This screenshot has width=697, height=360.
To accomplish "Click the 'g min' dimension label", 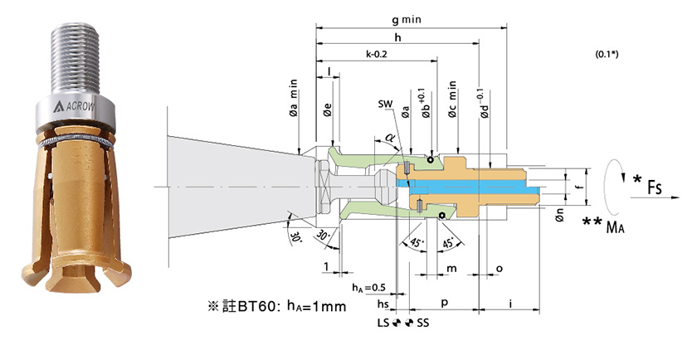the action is tap(407, 20).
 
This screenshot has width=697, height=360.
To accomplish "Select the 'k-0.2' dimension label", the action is tap(377, 54).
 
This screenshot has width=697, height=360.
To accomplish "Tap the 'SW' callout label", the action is tap(385, 104).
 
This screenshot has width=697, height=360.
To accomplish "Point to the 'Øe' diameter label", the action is tap(327, 109).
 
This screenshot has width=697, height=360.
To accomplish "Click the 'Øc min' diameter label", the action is tap(452, 100).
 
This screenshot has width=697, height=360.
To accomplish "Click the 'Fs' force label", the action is tap(655, 187).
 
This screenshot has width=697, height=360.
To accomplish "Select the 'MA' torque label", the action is tap(615, 227).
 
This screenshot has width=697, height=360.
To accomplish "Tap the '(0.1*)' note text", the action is tap(607, 55).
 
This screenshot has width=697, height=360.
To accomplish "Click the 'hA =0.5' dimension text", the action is tap(368, 288).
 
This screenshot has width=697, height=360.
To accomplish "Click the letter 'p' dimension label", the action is tap(444, 303).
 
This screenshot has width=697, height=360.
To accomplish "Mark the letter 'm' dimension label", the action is tap(451, 269).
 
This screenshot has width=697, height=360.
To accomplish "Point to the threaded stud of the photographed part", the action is tap(75, 59).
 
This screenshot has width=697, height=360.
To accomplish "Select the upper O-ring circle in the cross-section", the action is tap(431, 159).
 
